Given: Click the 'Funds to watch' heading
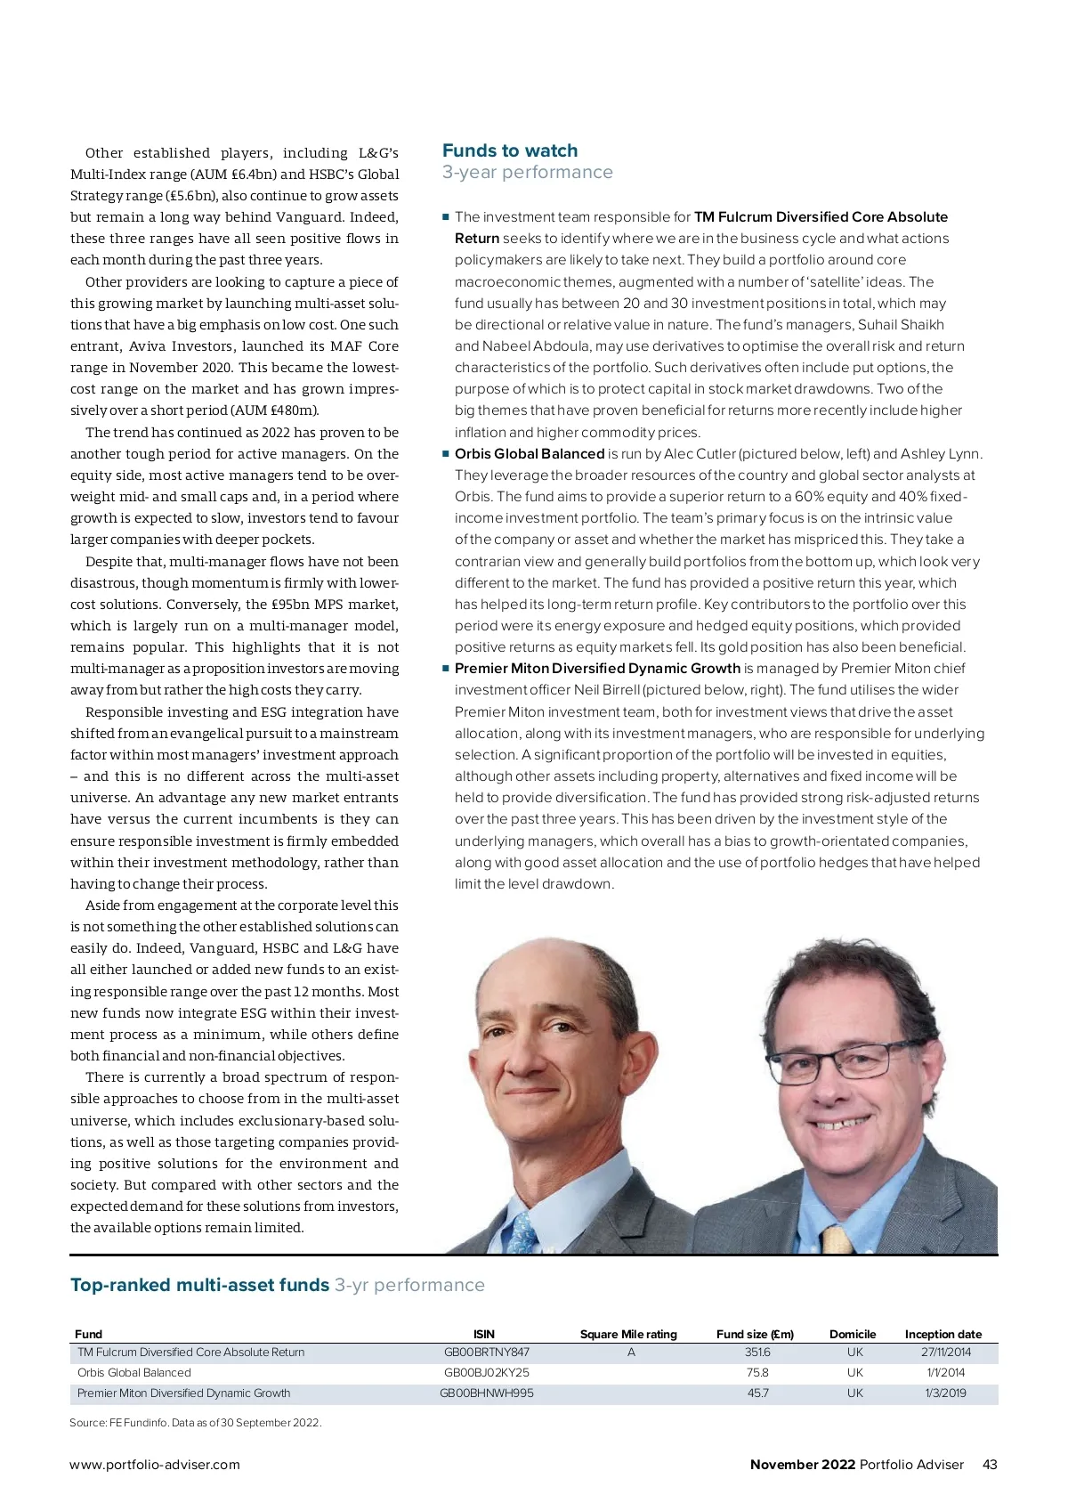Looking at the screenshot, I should [509, 150].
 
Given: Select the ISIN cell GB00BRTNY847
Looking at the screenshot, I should [486, 1352].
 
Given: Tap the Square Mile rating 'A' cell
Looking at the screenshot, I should [631, 1352].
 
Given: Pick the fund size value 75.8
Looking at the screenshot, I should [757, 1372].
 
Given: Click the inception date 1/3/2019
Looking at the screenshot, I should [945, 1393].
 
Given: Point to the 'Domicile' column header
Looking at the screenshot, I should [852, 1334].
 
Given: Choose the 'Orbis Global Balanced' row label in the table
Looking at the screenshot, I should [134, 1372].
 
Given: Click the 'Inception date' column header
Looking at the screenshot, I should [943, 1334].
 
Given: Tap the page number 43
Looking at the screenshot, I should [990, 1464].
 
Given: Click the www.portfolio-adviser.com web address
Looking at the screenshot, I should [155, 1464].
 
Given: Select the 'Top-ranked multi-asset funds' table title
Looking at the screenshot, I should [200, 1285].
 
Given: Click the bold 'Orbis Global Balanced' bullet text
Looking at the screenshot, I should [530, 453].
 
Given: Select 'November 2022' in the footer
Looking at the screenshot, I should [802, 1464].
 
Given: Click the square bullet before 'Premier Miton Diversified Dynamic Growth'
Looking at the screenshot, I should [446, 668].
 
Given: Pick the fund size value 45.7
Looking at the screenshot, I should [757, 1393].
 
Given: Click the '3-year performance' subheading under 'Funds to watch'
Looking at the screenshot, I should [527, 172].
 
